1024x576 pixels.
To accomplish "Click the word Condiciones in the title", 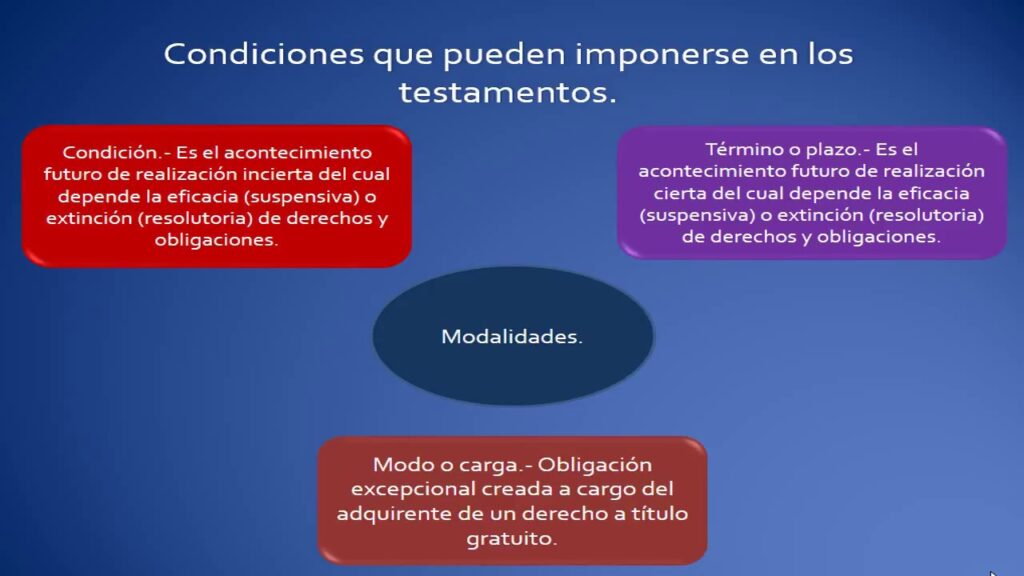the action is click(263, 53).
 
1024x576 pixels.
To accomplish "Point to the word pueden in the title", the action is click(504, 54).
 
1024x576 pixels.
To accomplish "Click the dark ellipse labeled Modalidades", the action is click(513, 336).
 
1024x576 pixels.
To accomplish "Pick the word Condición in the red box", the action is click(109, 152).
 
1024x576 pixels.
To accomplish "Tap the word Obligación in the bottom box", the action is click(594, 465).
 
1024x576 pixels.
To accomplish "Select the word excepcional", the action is click(411, 489).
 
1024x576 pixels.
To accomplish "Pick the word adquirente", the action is click(394, 514).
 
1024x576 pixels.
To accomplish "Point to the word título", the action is click(660, 513).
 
